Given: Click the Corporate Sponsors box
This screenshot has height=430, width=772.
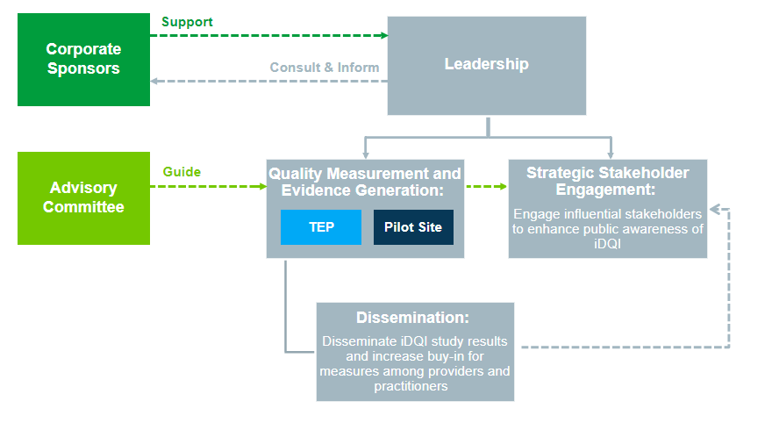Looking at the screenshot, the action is coord(83,59).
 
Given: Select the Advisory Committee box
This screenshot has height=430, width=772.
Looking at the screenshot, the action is coord(83,198).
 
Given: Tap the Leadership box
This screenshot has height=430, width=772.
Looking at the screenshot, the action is coord(487,66).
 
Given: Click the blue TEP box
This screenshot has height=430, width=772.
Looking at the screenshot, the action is coord(321,227).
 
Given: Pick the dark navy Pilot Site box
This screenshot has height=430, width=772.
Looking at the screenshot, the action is coord(413,227).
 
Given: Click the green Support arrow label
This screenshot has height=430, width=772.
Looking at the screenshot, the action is coord(187,22).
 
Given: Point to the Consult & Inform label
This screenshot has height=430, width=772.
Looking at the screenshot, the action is coord(325,68).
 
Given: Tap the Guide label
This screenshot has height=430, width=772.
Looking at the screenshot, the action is coord(182,172).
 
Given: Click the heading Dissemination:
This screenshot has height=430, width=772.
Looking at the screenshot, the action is coord(412,318).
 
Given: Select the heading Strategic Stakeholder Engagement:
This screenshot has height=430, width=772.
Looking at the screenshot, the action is coord(608,181).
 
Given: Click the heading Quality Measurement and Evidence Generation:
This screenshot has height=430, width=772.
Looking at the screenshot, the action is coord(365,182).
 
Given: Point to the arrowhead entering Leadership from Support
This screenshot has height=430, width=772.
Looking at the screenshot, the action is coord(384,35).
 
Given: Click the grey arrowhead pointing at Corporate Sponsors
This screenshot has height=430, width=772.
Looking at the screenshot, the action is coord(154,81).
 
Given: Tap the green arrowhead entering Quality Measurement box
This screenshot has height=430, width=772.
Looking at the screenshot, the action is coord(263,186).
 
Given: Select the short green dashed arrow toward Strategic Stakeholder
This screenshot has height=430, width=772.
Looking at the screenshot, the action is coord(486,186).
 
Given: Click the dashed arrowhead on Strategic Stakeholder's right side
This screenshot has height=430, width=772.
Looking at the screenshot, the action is coord(714,210).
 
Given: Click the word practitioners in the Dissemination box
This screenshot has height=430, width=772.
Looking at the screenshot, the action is coord(411,386).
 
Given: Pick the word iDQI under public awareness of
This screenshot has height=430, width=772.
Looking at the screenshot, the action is coord(608,244).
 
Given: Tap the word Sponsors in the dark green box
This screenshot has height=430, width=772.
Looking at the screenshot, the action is coord(83,68).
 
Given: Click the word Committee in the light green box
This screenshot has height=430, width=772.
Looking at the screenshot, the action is coord(83,207).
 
